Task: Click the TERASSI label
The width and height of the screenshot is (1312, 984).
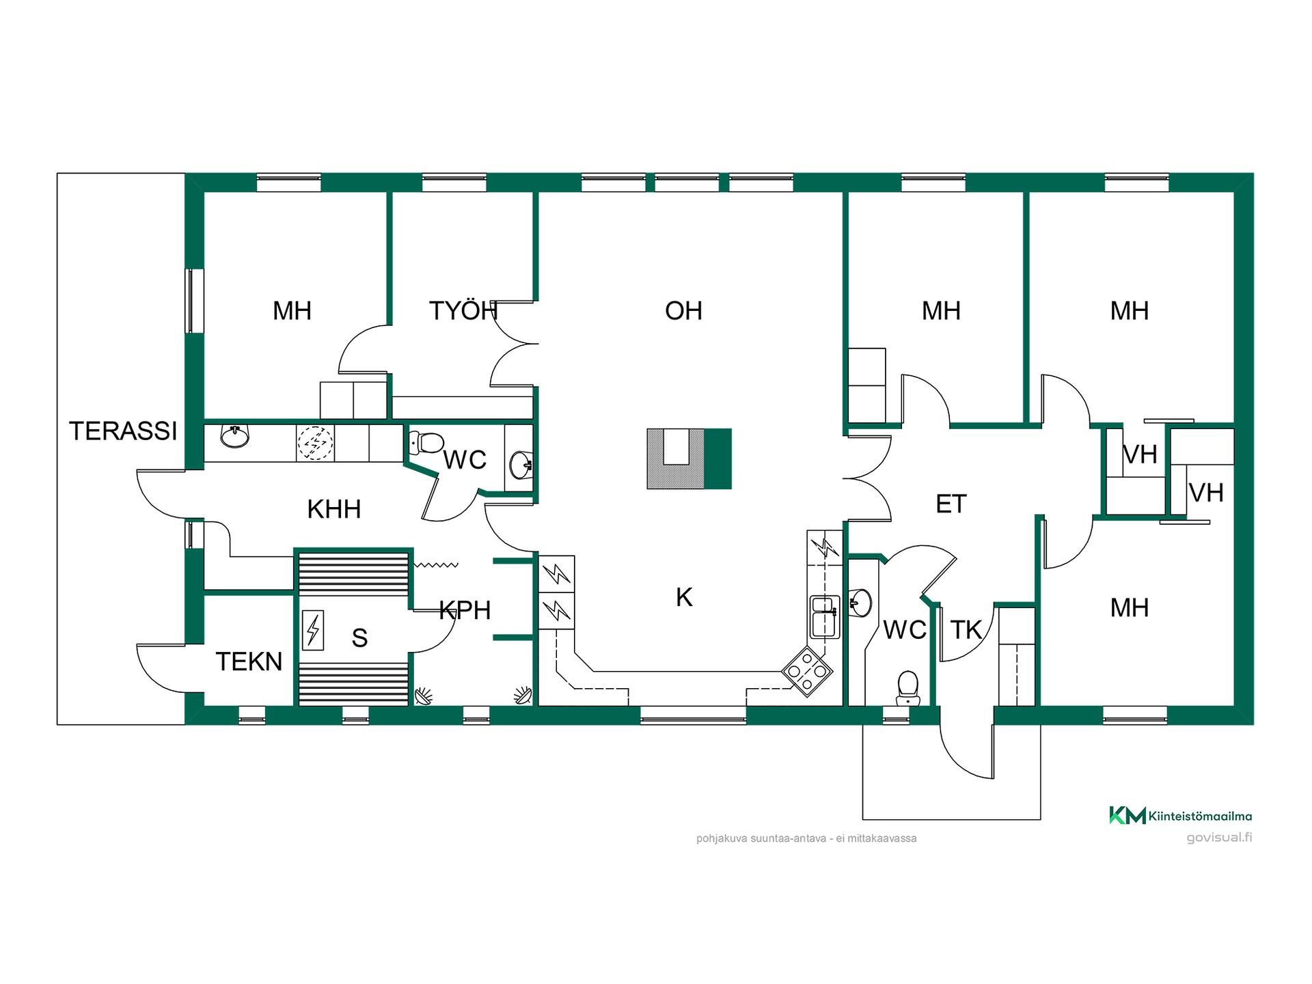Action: click(x=123, y=431)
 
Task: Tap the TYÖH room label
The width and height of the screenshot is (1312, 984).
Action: click(x=463, y=311)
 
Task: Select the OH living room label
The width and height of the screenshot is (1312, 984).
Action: click(x=683, y=311)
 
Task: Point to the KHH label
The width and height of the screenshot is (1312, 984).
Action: click(x=333, y=509)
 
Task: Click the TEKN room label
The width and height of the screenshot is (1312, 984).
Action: click(x=249, y=661)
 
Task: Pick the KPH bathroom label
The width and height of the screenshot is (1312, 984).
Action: click(x=465, y=610)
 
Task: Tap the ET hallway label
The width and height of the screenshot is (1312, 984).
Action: click(x=951, y=504)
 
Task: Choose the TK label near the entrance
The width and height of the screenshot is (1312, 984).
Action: click(x=966, y=630)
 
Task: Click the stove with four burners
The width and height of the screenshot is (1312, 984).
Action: click(x=807, y=671)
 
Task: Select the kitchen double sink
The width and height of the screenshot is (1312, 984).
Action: click(x=824, y=616)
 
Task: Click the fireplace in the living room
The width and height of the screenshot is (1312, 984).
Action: click(x=689, y=459)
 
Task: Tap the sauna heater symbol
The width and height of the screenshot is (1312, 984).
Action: click(x=313, y=629)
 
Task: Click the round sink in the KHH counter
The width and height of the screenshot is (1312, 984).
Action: click(x=235, y=436)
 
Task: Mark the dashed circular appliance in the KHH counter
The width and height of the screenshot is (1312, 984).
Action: click(x=315, y=443)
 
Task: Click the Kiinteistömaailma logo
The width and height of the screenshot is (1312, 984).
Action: click(x=1180, y=815)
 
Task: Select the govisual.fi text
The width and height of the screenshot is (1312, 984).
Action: click(x=1219, y=838)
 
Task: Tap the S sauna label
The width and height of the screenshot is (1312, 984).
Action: click(x=359, y=638)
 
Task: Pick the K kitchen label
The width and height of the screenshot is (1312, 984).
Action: click(x=684, y=597)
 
